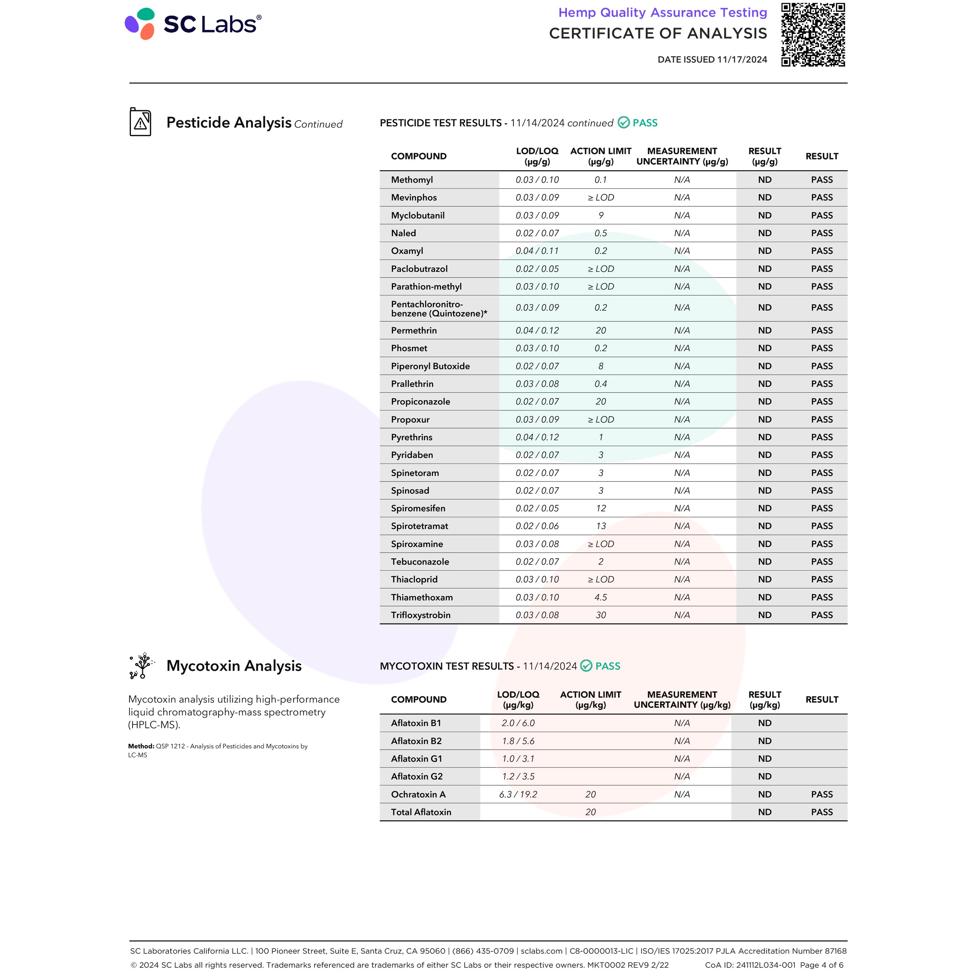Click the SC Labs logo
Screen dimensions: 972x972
193,24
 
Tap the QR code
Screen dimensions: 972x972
813,35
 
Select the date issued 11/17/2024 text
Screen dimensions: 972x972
712,59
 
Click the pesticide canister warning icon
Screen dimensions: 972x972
140,122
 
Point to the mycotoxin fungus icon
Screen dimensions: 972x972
142,666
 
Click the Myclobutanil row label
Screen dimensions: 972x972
418,215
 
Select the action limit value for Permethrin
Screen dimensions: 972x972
601,330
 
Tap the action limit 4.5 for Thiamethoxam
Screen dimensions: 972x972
601,597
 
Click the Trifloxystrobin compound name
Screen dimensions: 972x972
421,615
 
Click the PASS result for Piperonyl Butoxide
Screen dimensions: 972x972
822,366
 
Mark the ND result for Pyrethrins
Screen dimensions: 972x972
764,437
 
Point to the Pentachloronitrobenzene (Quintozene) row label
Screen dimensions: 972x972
439,308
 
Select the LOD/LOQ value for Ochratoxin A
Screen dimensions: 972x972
518,794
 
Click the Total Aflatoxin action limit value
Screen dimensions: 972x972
590,812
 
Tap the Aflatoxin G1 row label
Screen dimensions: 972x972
416,759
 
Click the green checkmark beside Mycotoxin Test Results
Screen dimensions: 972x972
586,666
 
